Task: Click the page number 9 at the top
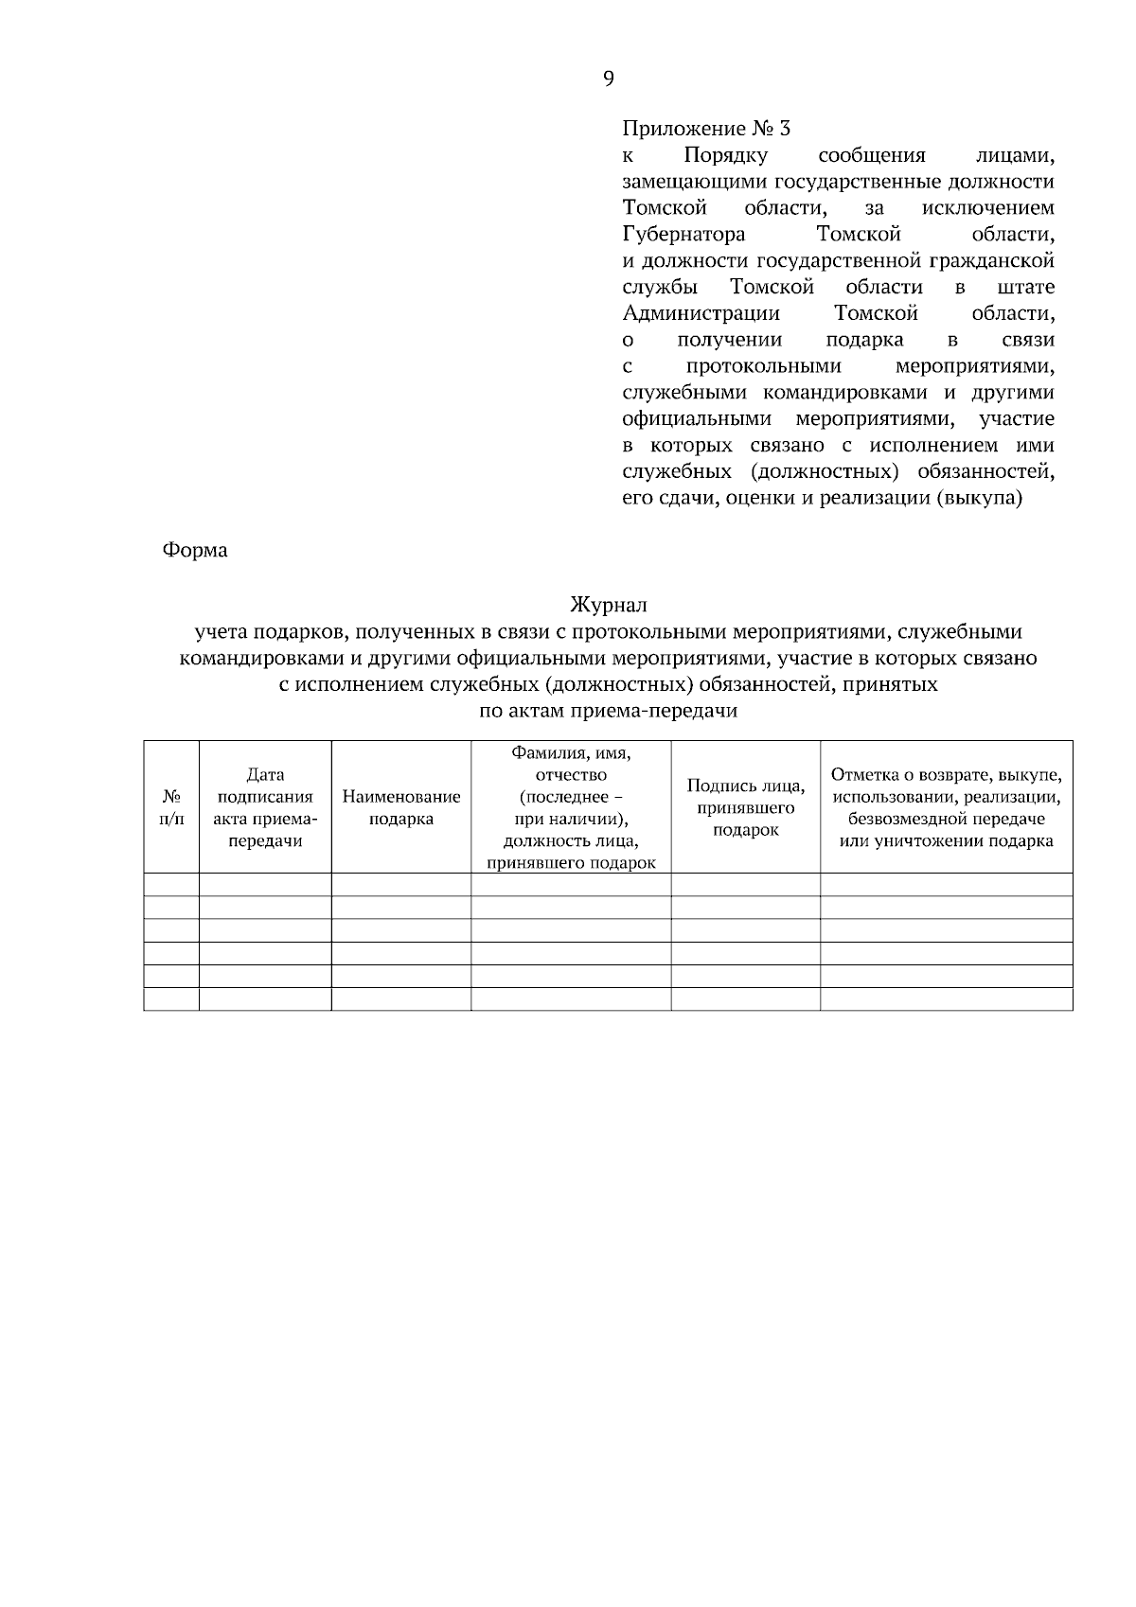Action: [x=608, y=79]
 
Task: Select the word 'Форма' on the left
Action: [x=195, y=550]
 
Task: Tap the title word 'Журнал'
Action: [x=608, y=605]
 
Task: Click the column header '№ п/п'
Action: [x=171, y=806]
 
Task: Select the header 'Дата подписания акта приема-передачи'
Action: [x=265, y=806]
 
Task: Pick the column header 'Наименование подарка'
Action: [x=401, y=806]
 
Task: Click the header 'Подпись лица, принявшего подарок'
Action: [x=746, y=806]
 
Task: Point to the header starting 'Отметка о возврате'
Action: [x=947, y=806]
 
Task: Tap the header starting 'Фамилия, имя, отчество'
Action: [x=571, y=806]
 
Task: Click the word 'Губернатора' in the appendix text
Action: [x=683, y=234]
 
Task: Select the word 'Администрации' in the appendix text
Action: [x=701, y=313]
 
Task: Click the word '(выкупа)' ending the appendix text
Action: [x=979, y=498]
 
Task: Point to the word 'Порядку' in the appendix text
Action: [x=725, y=154]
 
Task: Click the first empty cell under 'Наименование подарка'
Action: [x=401, y=884]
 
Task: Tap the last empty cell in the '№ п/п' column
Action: [x=171, y=999]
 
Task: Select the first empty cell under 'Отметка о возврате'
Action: [x=947, y=884]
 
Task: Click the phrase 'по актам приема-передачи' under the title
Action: [x=608, y=711]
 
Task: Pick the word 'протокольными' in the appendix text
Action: [x=763, y=366]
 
